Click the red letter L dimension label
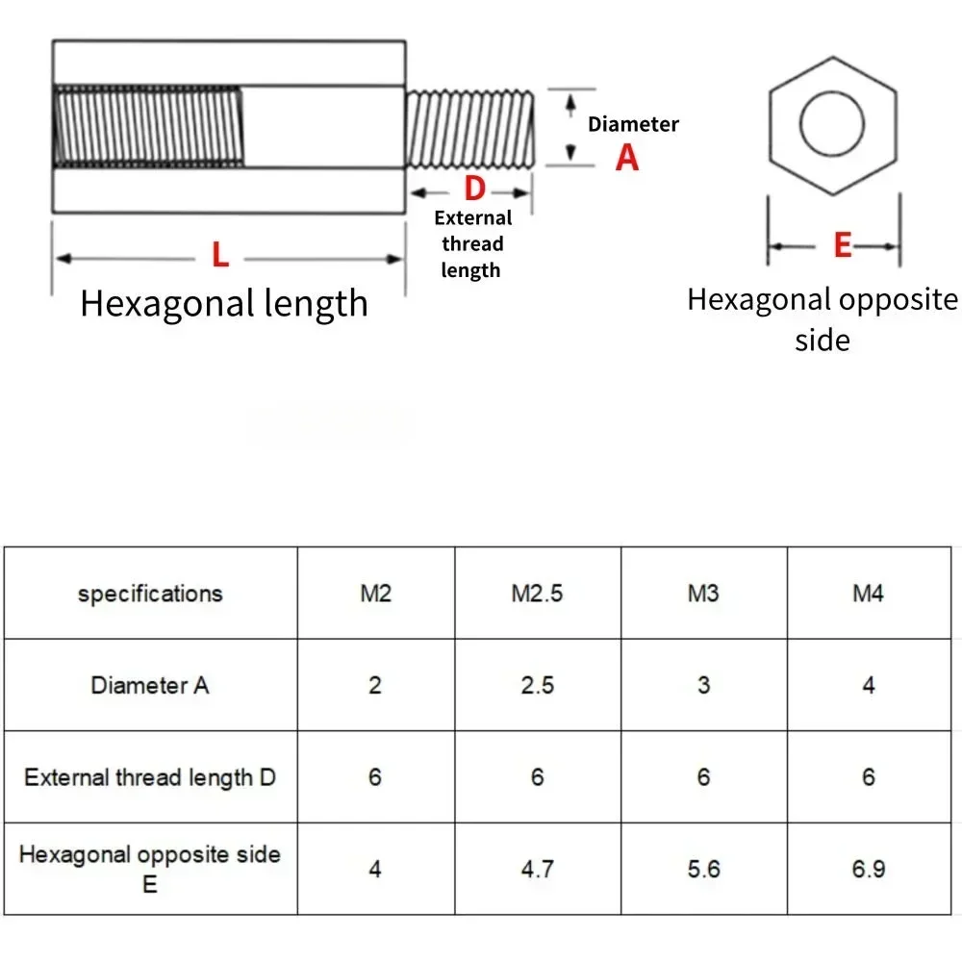tap(220, 256)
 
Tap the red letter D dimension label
tap(474, 189)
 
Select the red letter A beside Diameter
tap(627, 157)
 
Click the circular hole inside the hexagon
tap(832, 125)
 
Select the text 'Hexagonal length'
tap(224, 303)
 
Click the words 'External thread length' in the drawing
tap(471, 244)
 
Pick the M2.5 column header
tap(537, 594)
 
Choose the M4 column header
tap(868, 594)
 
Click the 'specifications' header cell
tap(150, 594)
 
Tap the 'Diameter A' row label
tap(150, 685)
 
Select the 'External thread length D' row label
tap(150, 777)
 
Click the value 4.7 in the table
tap(537, 869)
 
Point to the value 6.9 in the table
tap(868, 869)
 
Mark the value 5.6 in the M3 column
tap(703, 869)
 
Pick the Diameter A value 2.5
tap(537, 685)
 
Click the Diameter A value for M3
tap(703, 685)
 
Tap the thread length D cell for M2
tap(375, 777)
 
